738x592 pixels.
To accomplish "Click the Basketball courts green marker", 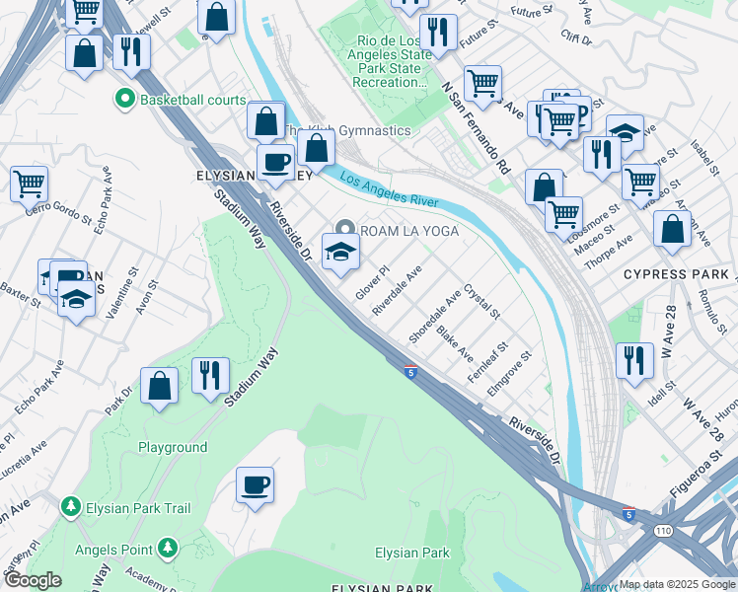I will (x=125, y=99).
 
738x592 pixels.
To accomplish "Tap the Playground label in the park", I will (x=173, y=447).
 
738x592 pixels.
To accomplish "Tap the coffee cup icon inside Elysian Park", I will (x=255, y=484).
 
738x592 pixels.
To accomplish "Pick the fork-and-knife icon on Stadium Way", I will (x=210, y=374).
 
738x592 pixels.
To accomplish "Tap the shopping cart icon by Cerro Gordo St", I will (x=30, y=183).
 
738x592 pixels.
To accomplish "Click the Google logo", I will (x=33, y=580).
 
